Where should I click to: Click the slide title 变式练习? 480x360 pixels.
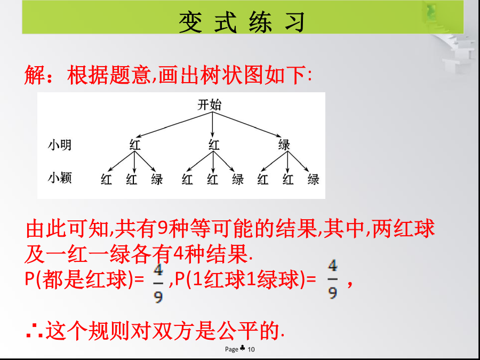[x=242, y=22]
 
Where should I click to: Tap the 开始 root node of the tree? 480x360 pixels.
[x=210, y=105]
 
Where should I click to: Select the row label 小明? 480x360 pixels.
[x=60, y=145]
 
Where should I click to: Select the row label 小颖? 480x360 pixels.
[x=60, y=177]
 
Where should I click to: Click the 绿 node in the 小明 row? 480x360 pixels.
[x=284, y=145]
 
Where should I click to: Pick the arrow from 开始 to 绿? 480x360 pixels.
[x=247, y=124]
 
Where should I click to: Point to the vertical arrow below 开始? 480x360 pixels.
[x=212, y=124]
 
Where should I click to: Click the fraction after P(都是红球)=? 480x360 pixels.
[x=158, y=281]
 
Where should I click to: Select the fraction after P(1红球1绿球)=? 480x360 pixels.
[x=333, y=279]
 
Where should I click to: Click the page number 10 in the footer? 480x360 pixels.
[x=251, y=349]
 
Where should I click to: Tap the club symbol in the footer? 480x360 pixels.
[x=243, y=348]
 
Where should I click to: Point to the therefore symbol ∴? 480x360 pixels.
[x=34, y=333]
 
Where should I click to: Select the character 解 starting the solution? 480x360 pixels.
[x=35, y=75]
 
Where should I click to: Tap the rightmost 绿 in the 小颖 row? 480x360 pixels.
[x=314, y=179]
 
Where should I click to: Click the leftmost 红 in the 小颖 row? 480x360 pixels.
[x=106, y=179]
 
